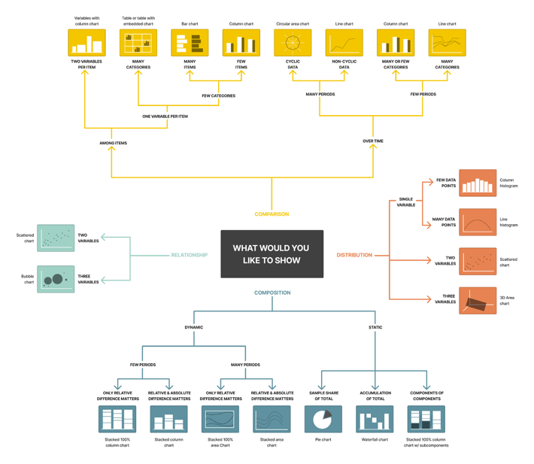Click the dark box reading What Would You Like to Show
[272, 254]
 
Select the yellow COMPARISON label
[272, 214]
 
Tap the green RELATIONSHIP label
[189, 255]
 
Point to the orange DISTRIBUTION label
[354, 255]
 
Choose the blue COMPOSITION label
[272, 293]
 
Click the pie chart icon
[323, 420]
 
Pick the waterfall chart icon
[375, 420]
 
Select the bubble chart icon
[56, 279]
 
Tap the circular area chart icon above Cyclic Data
[293, 43]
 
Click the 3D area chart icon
[478, 301]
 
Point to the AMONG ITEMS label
[113, 143]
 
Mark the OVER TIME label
[373, 141]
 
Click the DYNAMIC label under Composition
[193, 327]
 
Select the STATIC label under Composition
[375, 327]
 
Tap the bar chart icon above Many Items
[190, 43]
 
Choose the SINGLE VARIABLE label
[405, 202]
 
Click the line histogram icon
[478, 223]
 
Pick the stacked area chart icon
[272, 420]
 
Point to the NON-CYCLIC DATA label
[344, 64]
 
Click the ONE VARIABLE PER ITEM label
[165, 117]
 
